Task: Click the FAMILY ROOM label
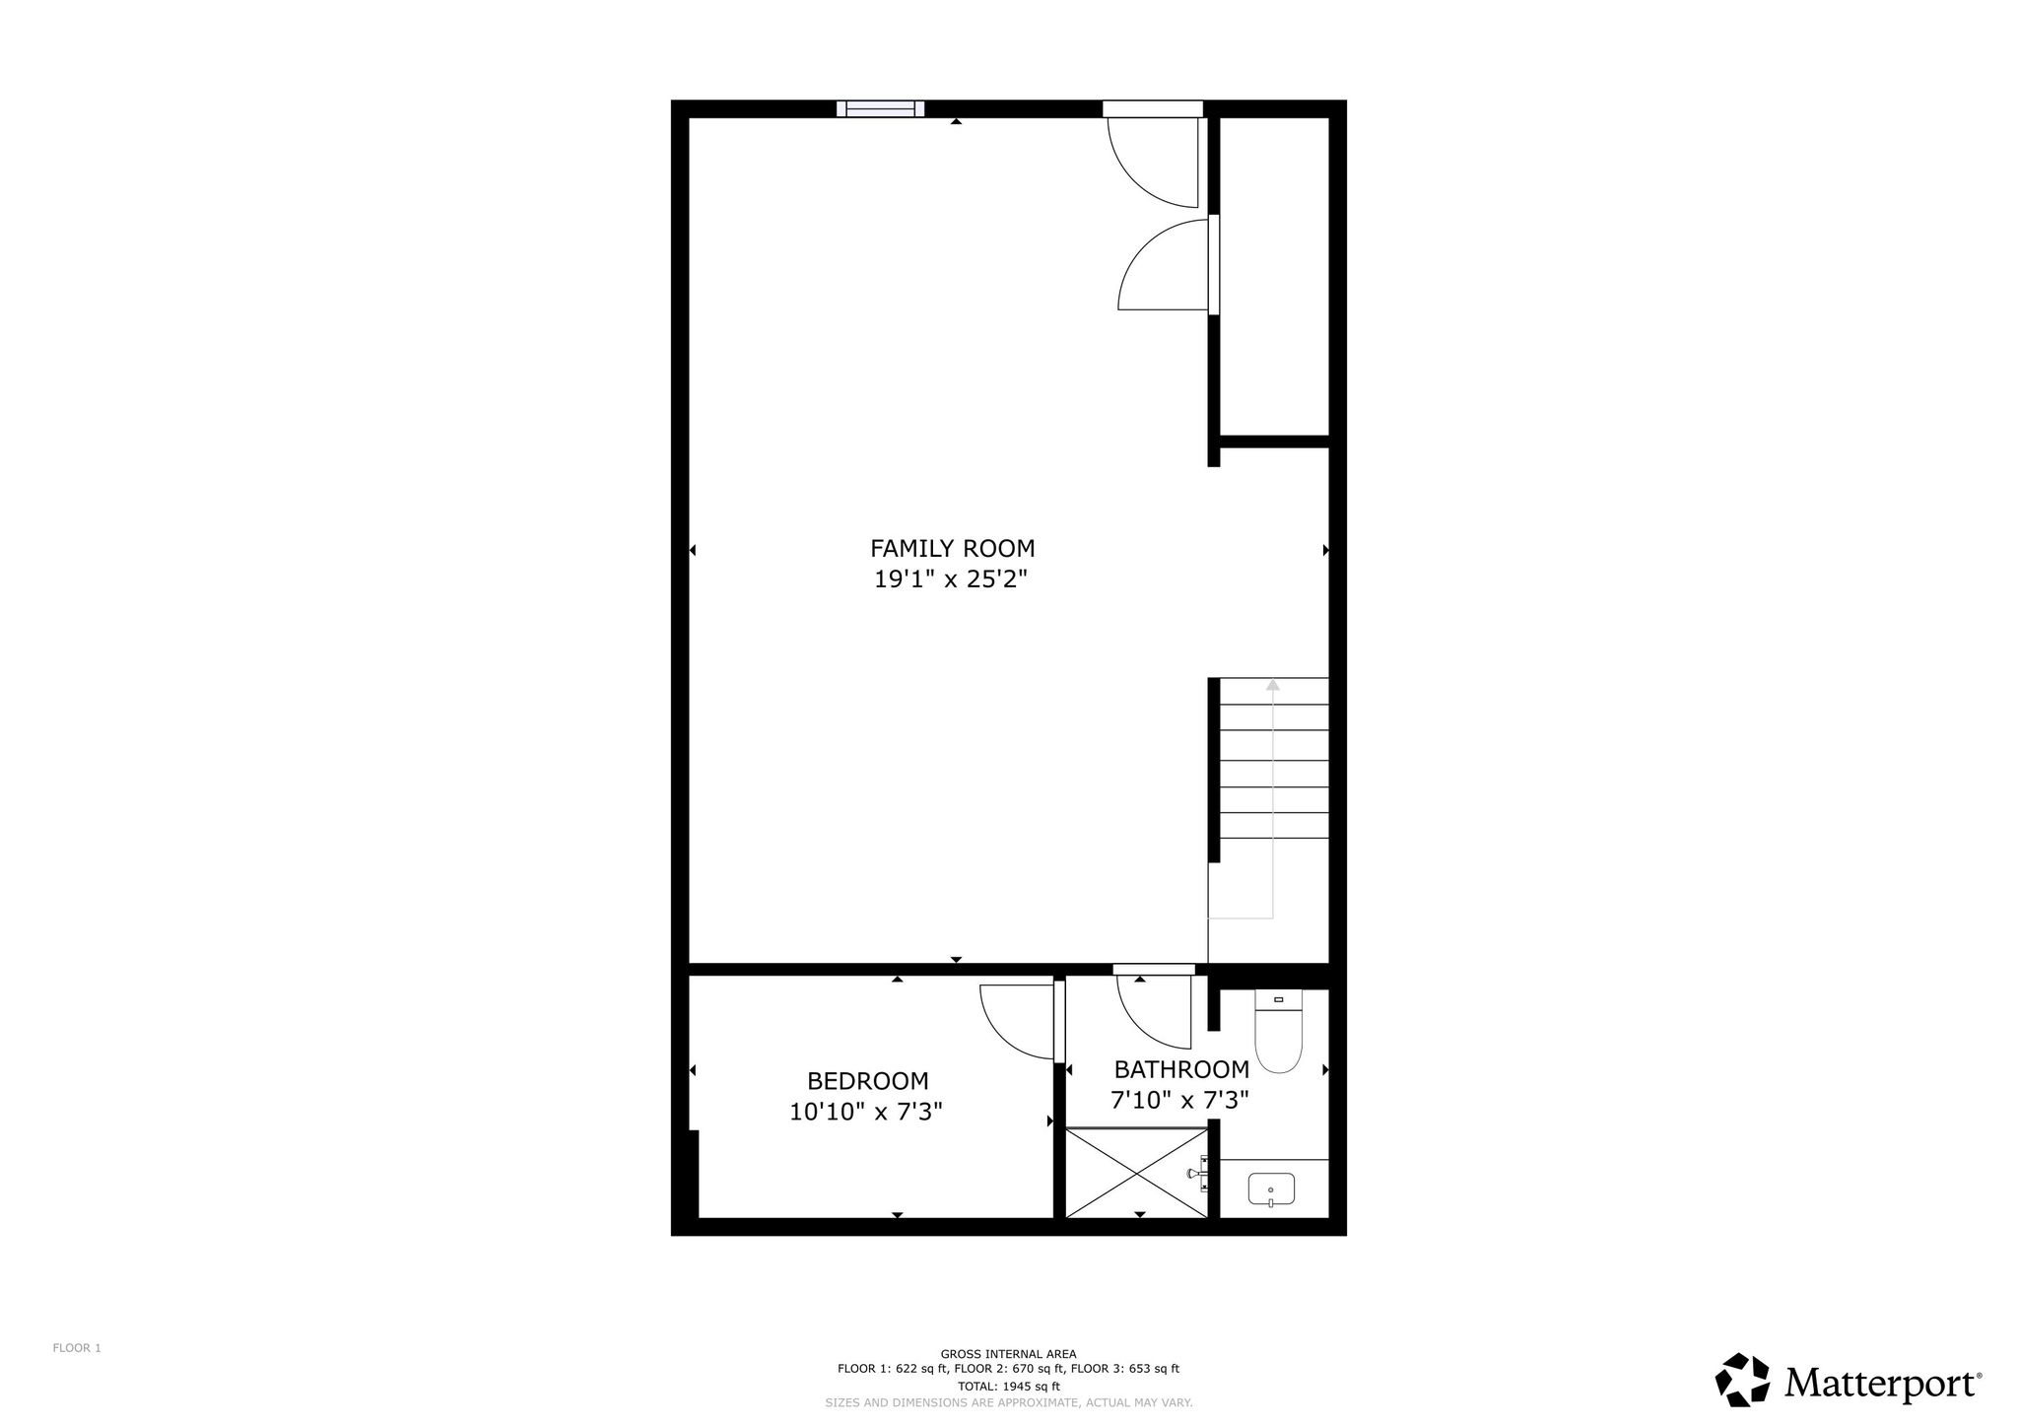point(952,548)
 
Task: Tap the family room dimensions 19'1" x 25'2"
point(951,578)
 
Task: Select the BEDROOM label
point(867,1081)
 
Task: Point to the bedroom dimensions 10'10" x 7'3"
point(866,1112)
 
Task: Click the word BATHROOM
point(1181,1069)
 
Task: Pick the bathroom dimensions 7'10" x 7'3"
point(1180,1100)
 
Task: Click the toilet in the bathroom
point(1279,1031)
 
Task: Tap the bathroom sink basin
point(1271,1190)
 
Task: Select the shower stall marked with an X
point(1137,1174)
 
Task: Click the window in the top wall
point(881,108)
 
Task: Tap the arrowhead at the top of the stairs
point(1272,684)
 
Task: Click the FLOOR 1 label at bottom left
point(77,1348)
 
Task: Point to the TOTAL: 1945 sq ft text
point(1008,1386)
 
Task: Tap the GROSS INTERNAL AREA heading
point(1008,1354)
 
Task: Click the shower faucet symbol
point(1197,1174)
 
